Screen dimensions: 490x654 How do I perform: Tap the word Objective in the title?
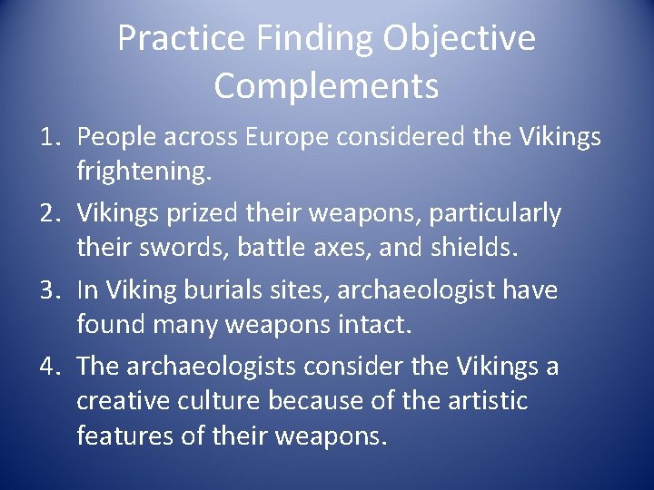(460, 39)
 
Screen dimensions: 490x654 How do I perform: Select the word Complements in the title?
(326, 87)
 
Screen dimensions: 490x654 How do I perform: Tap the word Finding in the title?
(301, 39)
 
